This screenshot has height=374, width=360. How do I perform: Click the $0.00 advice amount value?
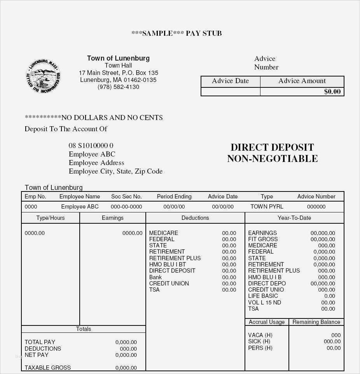pos(332,92)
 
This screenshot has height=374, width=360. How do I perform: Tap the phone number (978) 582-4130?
pos(118,87)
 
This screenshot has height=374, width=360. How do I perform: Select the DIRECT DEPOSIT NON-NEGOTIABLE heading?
pos(272,153)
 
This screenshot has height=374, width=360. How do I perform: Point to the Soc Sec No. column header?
pos(126,197)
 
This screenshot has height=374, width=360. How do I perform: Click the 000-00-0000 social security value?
pos(126,207)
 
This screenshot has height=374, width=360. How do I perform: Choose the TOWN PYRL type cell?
pos(267,207)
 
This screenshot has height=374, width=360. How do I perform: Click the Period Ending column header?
pos(174,197)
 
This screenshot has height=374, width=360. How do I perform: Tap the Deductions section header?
pos(195,218)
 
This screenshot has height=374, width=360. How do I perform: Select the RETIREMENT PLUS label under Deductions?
pos(175,258)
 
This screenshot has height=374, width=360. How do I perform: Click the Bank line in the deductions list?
pos(156,277)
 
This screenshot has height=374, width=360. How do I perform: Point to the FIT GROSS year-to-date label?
pos(263,239)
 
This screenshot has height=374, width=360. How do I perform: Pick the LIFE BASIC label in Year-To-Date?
pos(263,296)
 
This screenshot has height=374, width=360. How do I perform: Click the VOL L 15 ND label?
pos(264,303)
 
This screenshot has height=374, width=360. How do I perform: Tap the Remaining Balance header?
pos(316,322)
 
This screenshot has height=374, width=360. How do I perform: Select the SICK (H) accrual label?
pos(259,341)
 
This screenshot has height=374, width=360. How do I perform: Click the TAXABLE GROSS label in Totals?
pos(47,367)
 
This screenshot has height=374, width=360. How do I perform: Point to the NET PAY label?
pos(37,355)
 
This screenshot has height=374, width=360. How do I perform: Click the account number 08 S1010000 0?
pos(91,146)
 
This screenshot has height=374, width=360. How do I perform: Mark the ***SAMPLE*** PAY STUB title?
pos(177,33)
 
